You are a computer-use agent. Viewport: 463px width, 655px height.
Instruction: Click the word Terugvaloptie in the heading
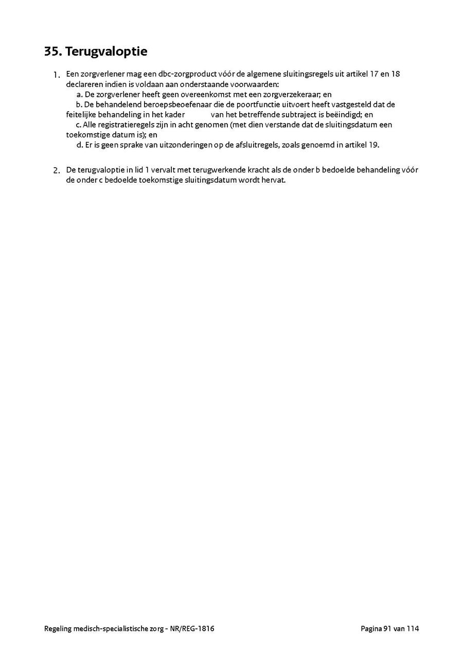pyautogui.click(x=106, y=52)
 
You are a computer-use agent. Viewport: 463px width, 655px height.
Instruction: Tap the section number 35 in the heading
pyautogui.click(x=52, y=52)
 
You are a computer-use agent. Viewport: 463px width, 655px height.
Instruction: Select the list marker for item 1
pyautogui.click(x=57, y=75)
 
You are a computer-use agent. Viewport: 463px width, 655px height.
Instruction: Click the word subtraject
pyautogui.click(x=304, y=115)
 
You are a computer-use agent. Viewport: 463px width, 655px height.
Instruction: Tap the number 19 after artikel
pyautogui.click(x=374, y=145)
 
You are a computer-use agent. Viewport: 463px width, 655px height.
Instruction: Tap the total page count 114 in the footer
pyautogui.click(x=413, y=628)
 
